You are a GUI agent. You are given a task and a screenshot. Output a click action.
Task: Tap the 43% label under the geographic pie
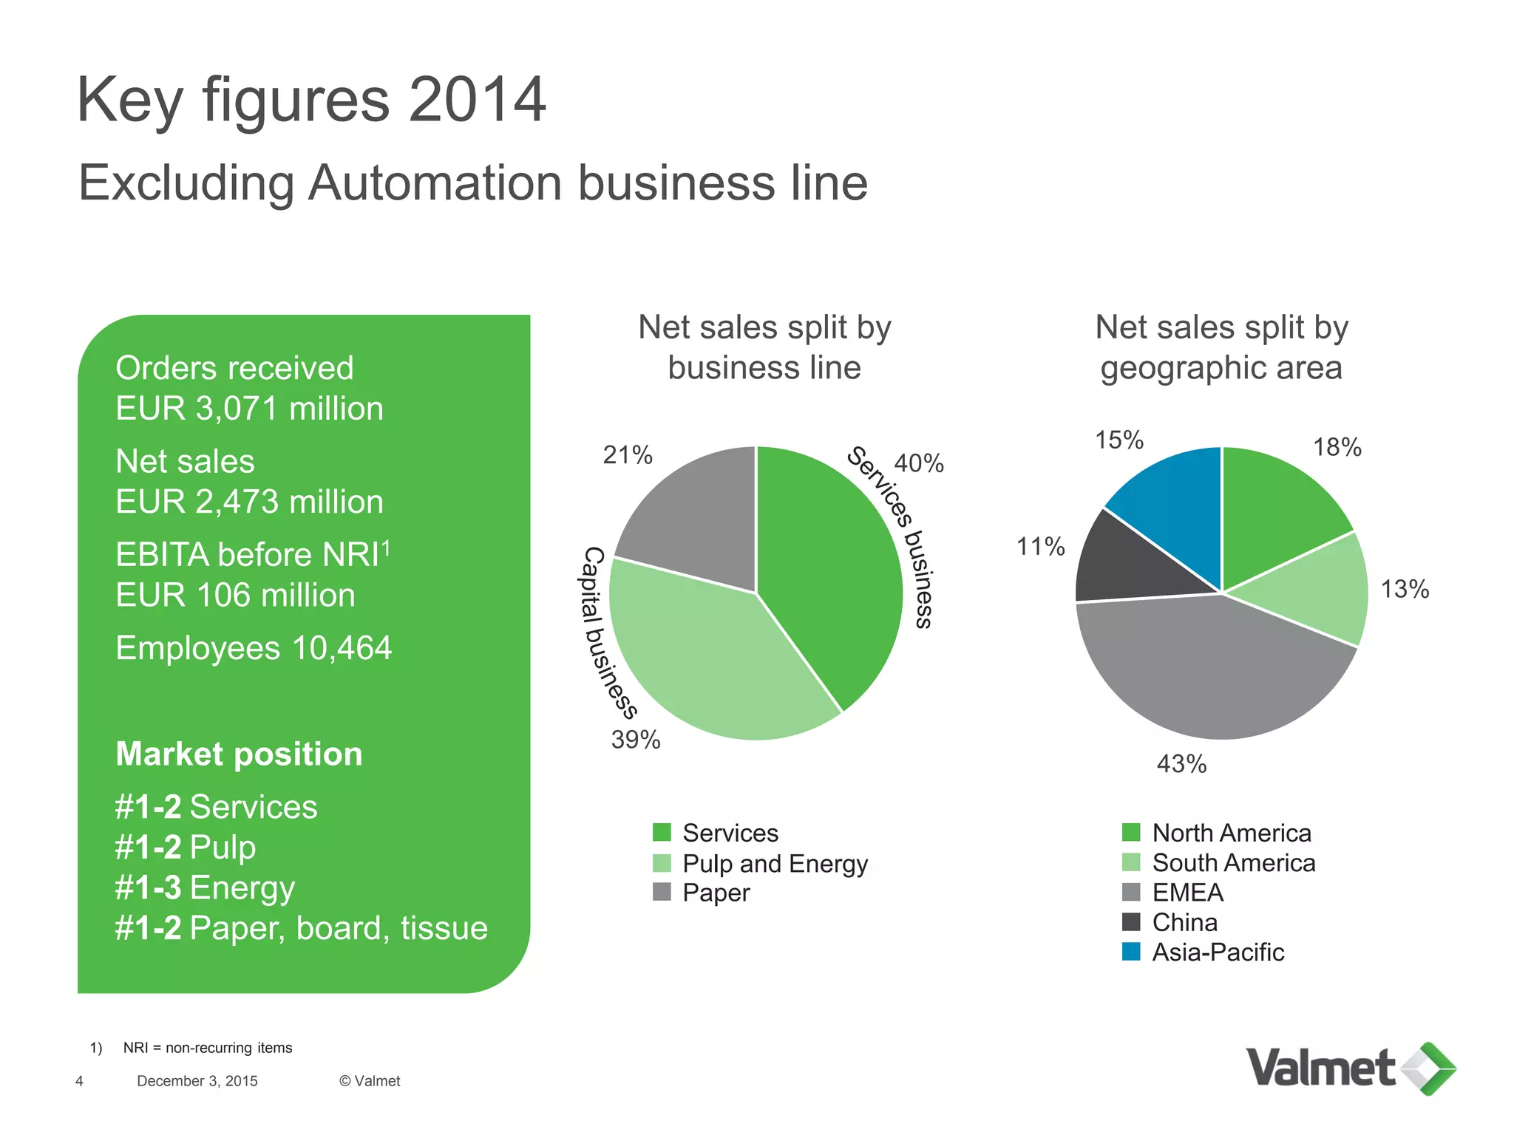(1181, 763)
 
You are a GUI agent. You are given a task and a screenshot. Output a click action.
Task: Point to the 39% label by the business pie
(636, 739)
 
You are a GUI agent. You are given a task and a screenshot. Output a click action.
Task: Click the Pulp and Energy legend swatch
(662, 863)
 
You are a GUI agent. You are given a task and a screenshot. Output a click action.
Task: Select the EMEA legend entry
(1187, 893)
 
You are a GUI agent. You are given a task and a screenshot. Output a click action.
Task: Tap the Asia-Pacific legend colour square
(1131, 952)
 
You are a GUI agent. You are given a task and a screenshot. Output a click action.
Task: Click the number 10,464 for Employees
(342, 648)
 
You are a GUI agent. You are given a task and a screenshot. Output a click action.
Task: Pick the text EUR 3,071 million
(249, 409)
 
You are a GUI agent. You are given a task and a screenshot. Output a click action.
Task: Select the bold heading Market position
(239, 754)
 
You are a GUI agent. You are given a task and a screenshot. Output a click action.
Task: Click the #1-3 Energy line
(205, 887)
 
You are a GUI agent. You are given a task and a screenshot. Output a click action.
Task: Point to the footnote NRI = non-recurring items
(207, 1048)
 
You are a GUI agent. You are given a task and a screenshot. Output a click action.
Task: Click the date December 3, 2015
(197, 1081)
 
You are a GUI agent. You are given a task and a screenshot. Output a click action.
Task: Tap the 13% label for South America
(1405, 589)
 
